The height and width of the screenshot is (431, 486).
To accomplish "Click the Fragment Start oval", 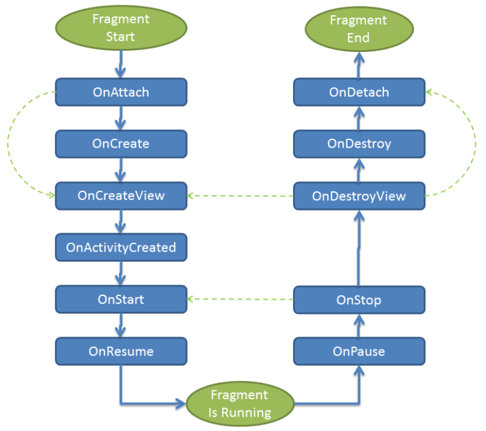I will (x=121, y=28).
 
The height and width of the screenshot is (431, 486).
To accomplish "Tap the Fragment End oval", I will (x=359, y=29).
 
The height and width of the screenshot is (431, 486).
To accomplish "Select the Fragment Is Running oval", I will (x=240, y=404).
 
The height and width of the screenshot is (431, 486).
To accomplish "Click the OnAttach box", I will (x=121, y=92).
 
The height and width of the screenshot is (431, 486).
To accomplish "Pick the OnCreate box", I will (x=121, y=144).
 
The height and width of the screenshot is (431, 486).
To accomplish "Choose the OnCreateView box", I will (x=121, y=195).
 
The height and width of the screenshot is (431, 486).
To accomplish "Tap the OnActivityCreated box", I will (x=121, y=247).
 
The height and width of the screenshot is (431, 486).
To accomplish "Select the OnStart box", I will (x=121, y=299).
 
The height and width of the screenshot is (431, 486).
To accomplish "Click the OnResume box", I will (x=121, y=351).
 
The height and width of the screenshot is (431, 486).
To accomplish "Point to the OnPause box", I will (x=359, y=351).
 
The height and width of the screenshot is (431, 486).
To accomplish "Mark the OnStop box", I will (x=359, y=300).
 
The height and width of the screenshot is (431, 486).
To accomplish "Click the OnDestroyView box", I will (x=359, y=196).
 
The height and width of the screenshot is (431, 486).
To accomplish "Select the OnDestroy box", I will (x=359, y=144).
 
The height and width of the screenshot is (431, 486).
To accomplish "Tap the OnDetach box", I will (x=359, y=92).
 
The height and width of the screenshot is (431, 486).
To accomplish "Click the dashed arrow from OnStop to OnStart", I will (x=240, y=299).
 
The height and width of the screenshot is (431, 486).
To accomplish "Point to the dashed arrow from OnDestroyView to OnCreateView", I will (x=240, y=196).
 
